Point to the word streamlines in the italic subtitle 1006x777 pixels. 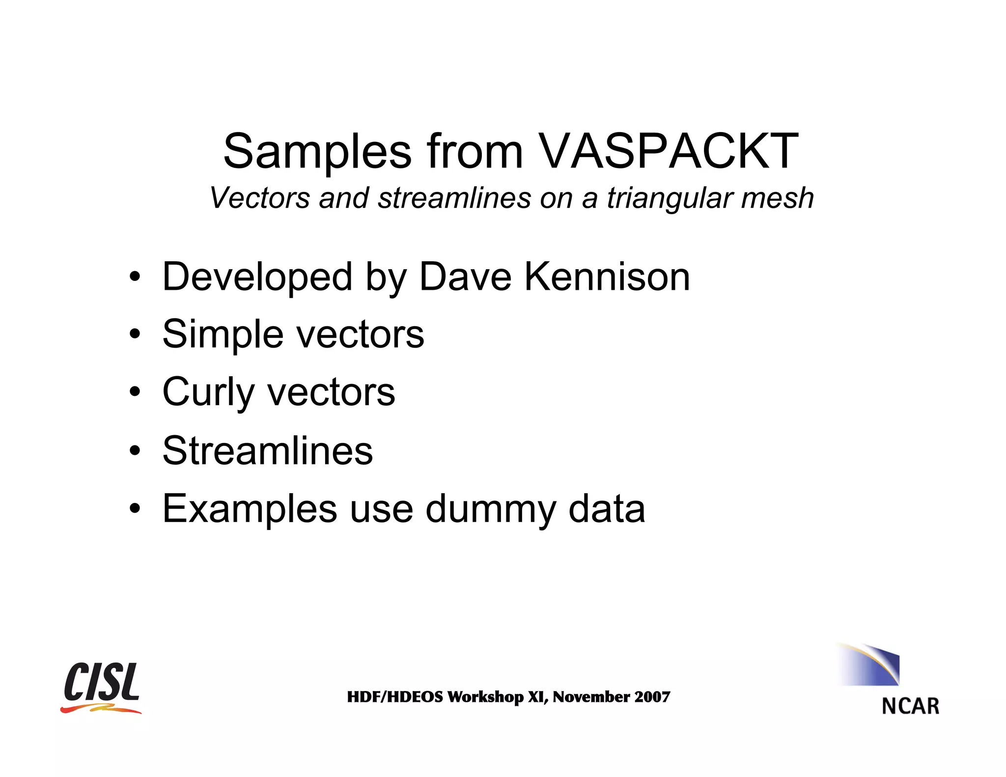click(454, 198)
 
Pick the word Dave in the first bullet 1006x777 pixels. click(465, 277)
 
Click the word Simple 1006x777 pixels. click(223, 334)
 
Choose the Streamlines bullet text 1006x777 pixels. click(268, 450)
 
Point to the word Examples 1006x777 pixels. click(250, 509)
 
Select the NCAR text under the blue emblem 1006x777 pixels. click(910, 706)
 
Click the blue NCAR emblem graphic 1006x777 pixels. click(872, 665)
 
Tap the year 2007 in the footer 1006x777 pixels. click(652, 697)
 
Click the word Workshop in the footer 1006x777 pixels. click(485, 697)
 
